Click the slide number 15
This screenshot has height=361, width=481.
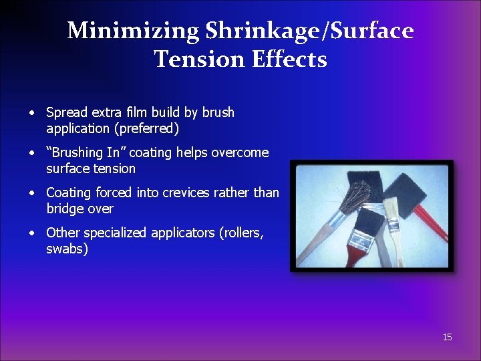pos(447,337)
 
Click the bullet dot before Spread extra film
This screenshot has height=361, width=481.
pos(31,112)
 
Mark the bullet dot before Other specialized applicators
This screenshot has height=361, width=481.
pos(31,233)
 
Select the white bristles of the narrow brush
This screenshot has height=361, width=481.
pos(391,207)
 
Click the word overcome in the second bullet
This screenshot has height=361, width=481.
pos(240,152)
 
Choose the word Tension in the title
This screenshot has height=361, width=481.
pos(200,59)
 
